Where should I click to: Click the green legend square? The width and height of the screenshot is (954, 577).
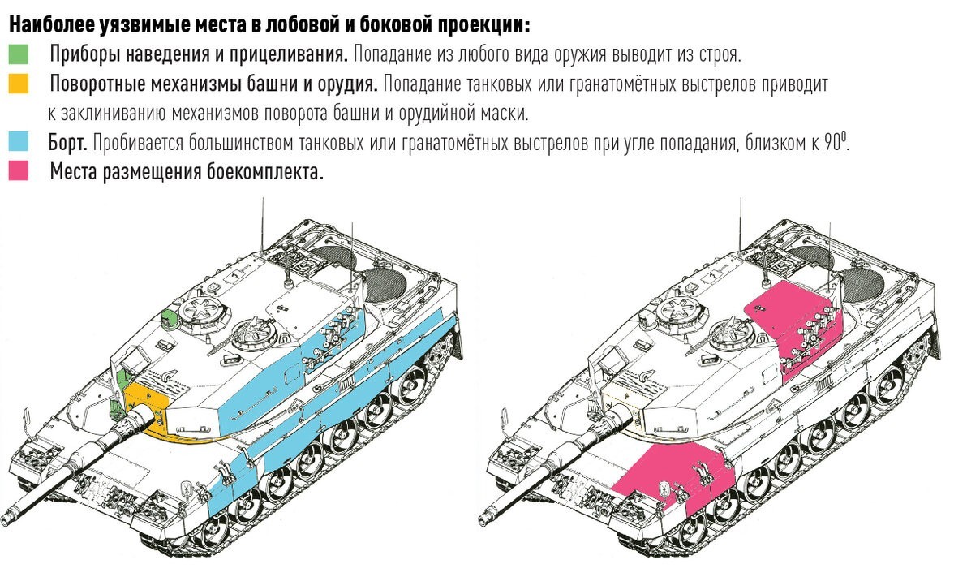(19, 54)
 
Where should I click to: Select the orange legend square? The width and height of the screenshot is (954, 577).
(19, 84)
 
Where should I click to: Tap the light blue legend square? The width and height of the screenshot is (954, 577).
(19, 143)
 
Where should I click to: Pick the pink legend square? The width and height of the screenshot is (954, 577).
(19, 172)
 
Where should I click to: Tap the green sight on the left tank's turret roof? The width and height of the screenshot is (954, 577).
(168, 318)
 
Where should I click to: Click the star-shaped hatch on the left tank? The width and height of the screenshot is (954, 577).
(197, 308)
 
